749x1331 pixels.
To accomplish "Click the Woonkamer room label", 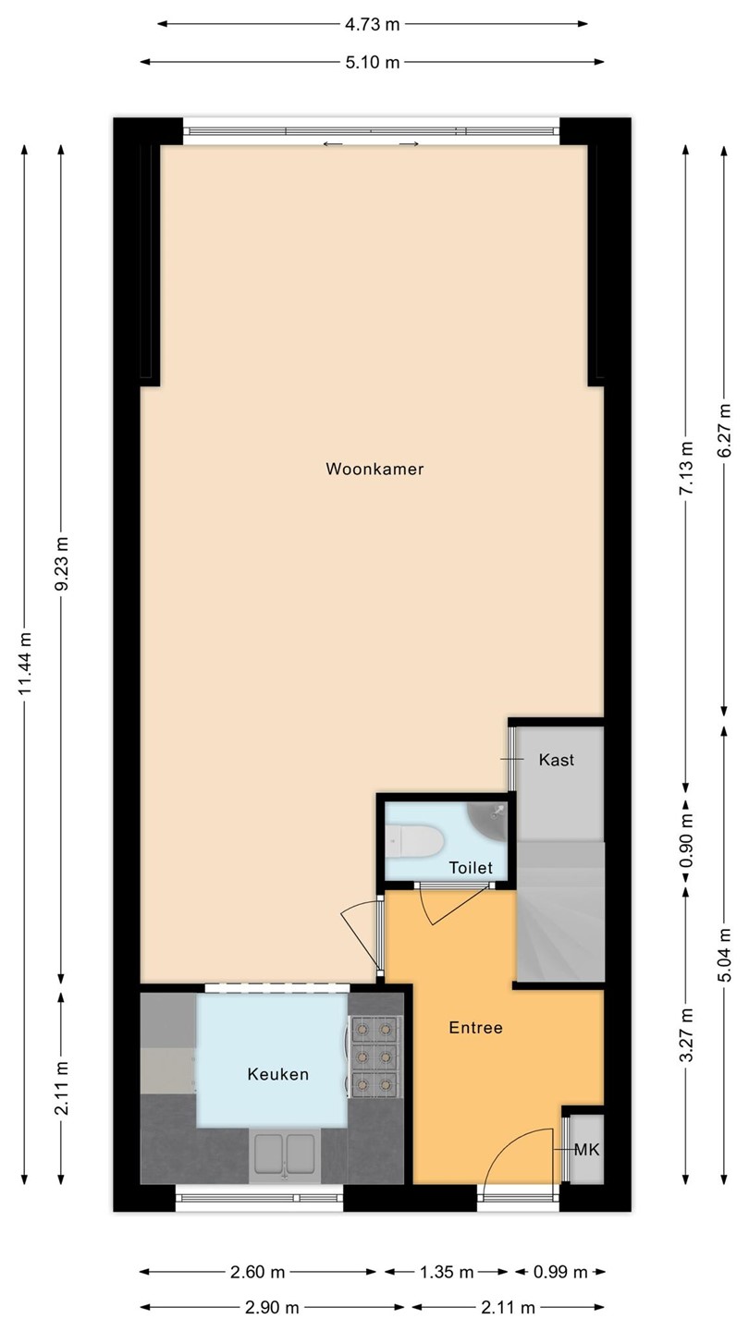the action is click(x=374, y=469).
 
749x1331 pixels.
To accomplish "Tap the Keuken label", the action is click(x=278, y=1074).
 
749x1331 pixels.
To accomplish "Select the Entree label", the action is click(x=475, y=1028).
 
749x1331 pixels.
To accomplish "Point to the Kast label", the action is click(x=557, y=760).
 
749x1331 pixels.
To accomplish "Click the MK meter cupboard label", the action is click(x=586, y=1150).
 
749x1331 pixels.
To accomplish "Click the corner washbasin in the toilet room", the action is click(x=488, y=821).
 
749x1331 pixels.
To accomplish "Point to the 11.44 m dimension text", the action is click(x=24, y=663).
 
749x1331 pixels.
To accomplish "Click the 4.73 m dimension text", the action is click(x=373, y=24).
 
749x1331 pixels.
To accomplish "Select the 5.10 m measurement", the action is click(x=373, y=62).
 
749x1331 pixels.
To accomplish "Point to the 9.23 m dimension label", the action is click(x=61, y=563).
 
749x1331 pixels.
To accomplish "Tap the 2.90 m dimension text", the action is click(x=272, y=1307).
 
